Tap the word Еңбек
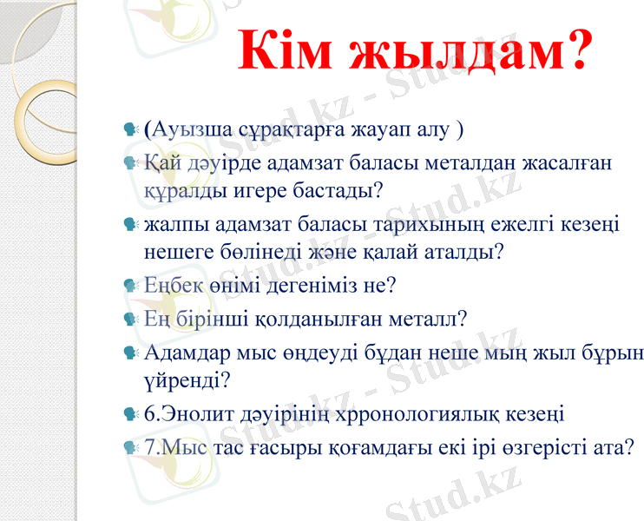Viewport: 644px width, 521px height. click(x=171, y=284)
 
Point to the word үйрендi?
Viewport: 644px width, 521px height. click(x=186, y=379)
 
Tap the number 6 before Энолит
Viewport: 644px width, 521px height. click(x=150, y=413)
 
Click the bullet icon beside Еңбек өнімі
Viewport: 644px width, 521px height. click(x=131, y=285)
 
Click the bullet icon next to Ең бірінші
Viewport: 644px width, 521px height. click(x=131, y=319)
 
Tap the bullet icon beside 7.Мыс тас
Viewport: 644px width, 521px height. click(x=131, y=448)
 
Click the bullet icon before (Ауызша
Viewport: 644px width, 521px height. click(x=131, y=131)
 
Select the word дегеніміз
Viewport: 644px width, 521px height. click(x=299, y=284)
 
